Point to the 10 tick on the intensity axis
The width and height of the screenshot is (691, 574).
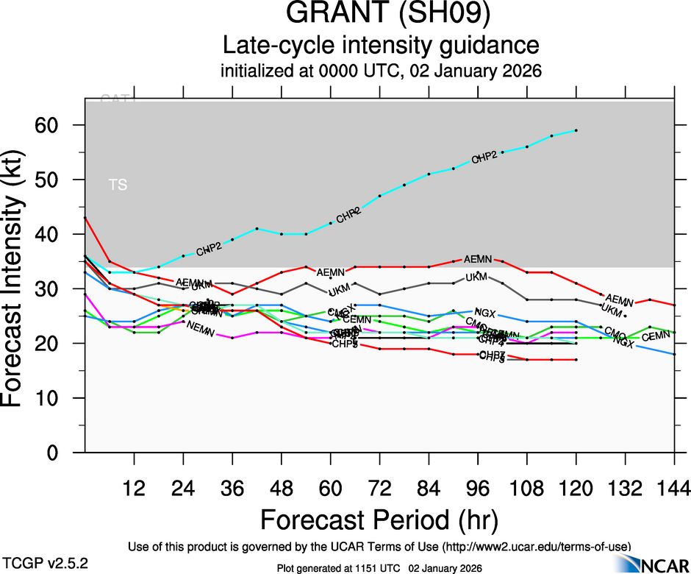tap(64, 398)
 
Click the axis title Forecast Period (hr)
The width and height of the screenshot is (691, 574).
tap(379, 520)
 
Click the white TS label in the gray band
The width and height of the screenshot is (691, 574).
tap(118, 185)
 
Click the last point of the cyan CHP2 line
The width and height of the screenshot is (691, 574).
tap(576, 130)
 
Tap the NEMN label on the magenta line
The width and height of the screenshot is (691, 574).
tap(201, 329)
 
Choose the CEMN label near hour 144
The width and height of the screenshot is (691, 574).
tap(656, 337)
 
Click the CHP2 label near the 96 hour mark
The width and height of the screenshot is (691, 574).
tap(485, 156)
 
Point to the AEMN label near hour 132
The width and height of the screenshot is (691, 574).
tap(619, 300)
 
